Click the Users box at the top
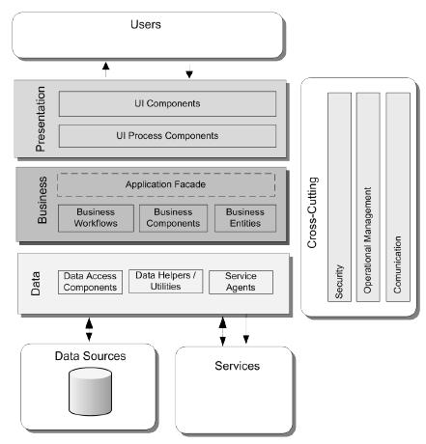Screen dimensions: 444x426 pos(146,34)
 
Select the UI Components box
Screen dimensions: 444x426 pos(167,103)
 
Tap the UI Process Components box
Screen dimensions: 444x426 pos(167,135)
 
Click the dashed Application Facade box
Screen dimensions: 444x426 pos(166,184)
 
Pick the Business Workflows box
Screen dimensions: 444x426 pos(95,218)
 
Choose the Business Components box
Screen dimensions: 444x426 pos(174,218)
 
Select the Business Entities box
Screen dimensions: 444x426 pos(244,218)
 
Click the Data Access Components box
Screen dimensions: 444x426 pos(91,281)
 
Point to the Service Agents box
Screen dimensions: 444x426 pos(241,281)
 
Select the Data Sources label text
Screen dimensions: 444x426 pos(88,356)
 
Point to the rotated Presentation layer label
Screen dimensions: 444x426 pos(40,120)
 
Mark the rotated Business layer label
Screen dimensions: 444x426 pos(41,204)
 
